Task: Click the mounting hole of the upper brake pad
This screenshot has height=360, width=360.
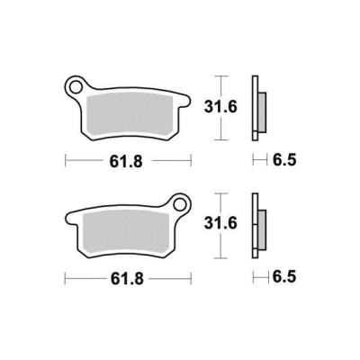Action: [76, 86]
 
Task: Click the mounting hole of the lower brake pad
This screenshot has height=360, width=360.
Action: [180, 205]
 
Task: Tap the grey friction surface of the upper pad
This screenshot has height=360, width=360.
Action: [130, 114]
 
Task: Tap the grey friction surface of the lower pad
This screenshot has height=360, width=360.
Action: [125, 233]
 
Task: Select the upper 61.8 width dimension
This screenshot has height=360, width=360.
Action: [126, 162]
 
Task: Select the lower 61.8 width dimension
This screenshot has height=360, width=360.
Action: [127, 279]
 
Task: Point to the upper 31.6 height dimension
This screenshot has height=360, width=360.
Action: [220, 107]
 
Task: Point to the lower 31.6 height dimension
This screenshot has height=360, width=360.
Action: [220, 223]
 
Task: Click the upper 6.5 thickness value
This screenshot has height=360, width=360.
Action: [284, 159]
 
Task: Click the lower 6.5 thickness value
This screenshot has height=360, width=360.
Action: [284, 276]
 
